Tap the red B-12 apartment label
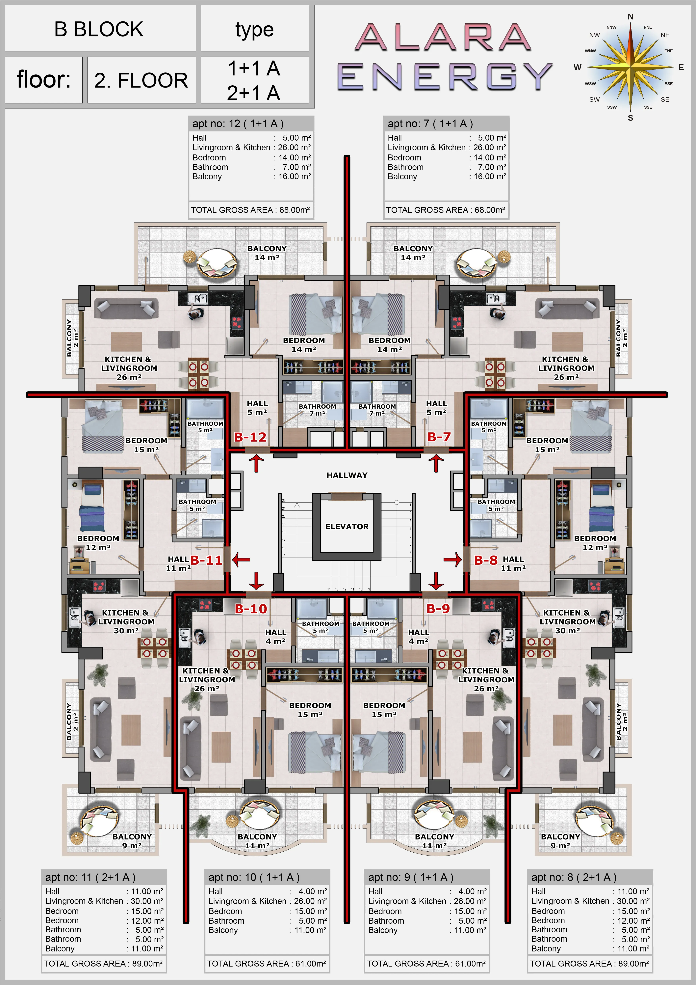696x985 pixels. pos(250,437)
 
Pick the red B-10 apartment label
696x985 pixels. pos(251,609)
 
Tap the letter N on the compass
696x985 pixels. pos(630,17)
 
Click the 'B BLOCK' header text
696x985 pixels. pos(99,29)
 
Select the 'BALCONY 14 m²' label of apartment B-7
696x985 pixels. pos(413,253)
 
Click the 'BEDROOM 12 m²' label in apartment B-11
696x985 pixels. pos(98,543)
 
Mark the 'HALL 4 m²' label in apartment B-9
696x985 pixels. pos(419,637)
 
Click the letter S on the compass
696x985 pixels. pos(630,118)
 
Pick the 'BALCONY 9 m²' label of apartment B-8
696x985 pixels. pos(560,841)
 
